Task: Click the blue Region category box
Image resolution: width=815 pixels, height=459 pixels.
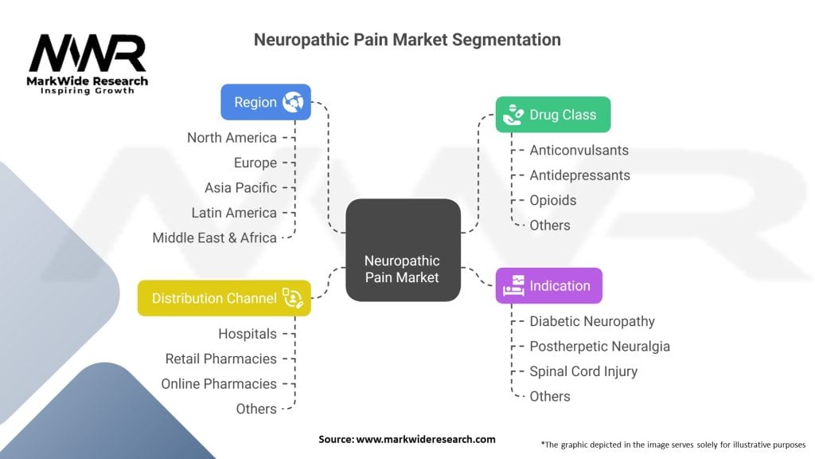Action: tap(265, 102)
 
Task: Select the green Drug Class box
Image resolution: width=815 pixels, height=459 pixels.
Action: tap(552, 115)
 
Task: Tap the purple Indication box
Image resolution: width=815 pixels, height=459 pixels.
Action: tap(548, 285)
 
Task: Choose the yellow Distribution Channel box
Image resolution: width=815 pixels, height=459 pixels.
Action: tap(224, 298)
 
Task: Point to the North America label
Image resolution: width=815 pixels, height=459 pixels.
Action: tap(232, 138)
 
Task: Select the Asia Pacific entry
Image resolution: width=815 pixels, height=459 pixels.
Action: tap(240, 188)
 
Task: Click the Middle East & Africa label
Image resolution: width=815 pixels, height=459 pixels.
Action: tap(214, 237)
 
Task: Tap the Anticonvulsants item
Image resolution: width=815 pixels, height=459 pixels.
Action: tap(579, 150)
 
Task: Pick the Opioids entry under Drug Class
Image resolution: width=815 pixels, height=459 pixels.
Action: tap(552, 200)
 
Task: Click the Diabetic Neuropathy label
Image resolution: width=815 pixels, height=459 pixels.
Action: tap(592, 321)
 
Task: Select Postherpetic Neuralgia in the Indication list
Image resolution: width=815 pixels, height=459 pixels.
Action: tap(599, 347)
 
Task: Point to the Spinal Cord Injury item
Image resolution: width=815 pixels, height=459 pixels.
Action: tap(583, 371)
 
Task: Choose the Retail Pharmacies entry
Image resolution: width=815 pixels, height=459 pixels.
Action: tap(220, 359)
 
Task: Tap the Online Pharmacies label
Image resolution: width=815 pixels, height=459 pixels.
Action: tap(219, 384)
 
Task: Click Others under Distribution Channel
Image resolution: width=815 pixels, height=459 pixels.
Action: tap(256, 409)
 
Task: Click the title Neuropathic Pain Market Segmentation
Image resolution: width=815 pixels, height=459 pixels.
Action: tap(407, 39)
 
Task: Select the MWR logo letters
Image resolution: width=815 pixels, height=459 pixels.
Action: tap(88, 54)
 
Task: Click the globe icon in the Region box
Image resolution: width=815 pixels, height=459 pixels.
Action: tap(293, 102)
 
